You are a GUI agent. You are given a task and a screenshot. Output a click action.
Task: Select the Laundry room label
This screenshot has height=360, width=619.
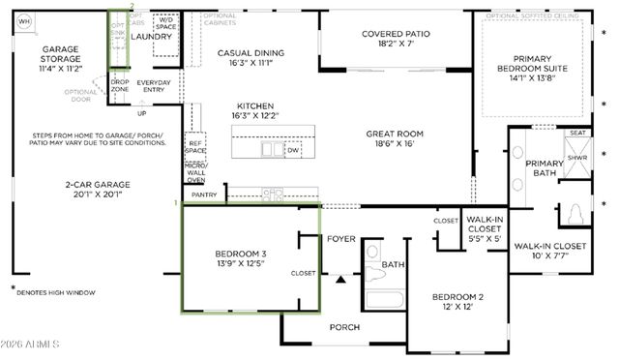click(x=151, y=37)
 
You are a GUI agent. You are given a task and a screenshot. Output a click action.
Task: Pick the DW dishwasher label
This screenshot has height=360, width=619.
click(x=293, y=150)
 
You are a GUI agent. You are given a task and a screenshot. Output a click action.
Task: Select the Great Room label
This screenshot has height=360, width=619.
click(x=396, y=139)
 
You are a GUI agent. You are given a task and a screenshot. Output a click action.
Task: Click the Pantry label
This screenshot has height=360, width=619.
click(x=204, y=195)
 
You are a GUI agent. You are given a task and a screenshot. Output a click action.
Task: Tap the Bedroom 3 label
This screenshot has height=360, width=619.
click(x=240, y=259)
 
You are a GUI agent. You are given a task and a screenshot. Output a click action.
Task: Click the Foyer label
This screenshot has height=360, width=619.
click(x=340, y=237)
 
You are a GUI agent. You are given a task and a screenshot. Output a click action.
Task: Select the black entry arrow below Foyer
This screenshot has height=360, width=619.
click(x=340, y=281)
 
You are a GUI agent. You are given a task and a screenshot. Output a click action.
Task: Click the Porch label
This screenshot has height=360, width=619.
click(x=343, y=327)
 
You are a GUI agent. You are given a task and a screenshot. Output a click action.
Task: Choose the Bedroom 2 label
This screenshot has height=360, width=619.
click(x=457, y=301)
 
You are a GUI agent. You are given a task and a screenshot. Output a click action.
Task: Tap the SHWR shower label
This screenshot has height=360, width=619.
click(x=576, y=157)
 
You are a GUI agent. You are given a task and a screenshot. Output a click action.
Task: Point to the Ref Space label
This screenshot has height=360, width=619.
click(x=195, y=147)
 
